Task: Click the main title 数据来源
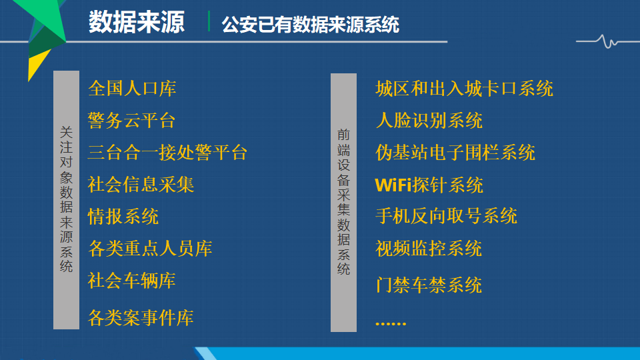click(137, 22)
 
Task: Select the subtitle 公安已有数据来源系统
click(310, 25)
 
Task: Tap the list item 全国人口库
click(132, 89)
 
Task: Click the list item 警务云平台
click(131, 121)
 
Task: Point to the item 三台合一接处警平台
click(167, 152)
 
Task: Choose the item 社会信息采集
click(141, 185)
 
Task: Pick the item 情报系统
click(123, 216)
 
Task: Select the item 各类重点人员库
click(150, 249)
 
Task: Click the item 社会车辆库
click(132, 281)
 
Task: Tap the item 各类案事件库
click(141, 317)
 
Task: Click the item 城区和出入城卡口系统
click(464, 89)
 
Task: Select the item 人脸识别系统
click(429, 121)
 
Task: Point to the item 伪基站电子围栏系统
click(455, 152)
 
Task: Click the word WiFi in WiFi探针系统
click(393, 185)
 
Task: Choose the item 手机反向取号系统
click(446, 216)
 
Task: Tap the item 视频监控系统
click(429, 249)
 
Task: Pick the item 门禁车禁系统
click(429, 285)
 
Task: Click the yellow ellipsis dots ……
click(391, 323)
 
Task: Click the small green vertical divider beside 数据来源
click(209, 21)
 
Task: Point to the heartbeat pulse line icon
click(608, 41)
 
